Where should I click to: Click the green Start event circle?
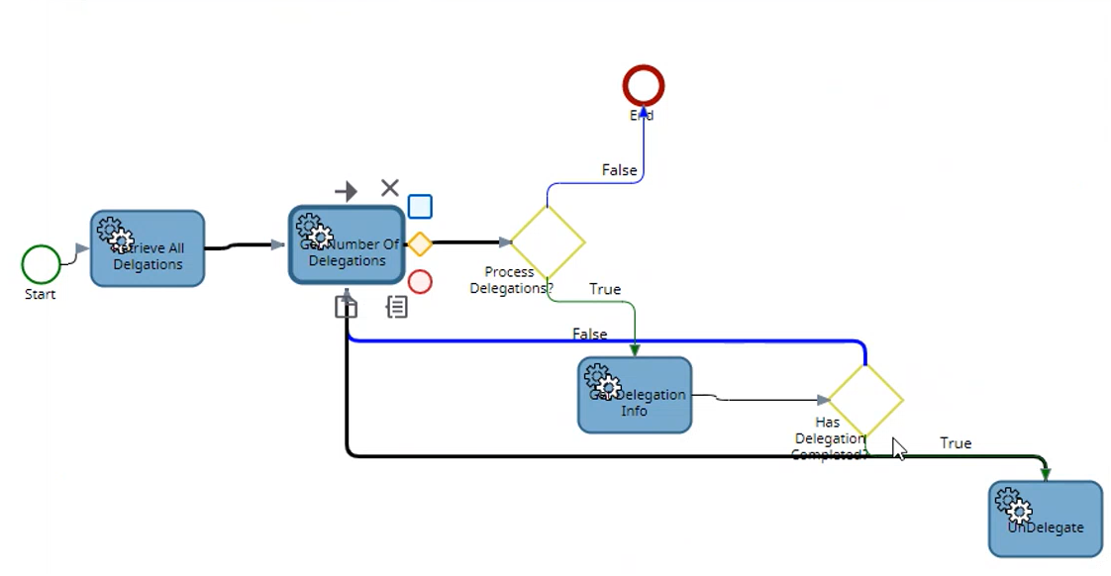41,264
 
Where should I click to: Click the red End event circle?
643,86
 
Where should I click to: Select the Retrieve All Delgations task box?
148,249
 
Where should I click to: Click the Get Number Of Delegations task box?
347,245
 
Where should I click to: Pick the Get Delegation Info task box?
635,395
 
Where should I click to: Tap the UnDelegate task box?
1045,519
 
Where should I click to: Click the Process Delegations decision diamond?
547,241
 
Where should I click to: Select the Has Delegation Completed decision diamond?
865,400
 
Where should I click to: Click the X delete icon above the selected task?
390,188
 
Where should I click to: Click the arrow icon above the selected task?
346,191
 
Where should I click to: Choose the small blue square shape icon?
420,206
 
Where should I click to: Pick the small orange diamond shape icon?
421,243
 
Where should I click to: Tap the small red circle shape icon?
420,282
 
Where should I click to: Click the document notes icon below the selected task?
397,307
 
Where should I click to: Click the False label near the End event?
619,170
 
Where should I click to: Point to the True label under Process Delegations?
605,289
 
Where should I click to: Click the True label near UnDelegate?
956,443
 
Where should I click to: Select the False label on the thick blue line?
590,334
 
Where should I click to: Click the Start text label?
41,294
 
